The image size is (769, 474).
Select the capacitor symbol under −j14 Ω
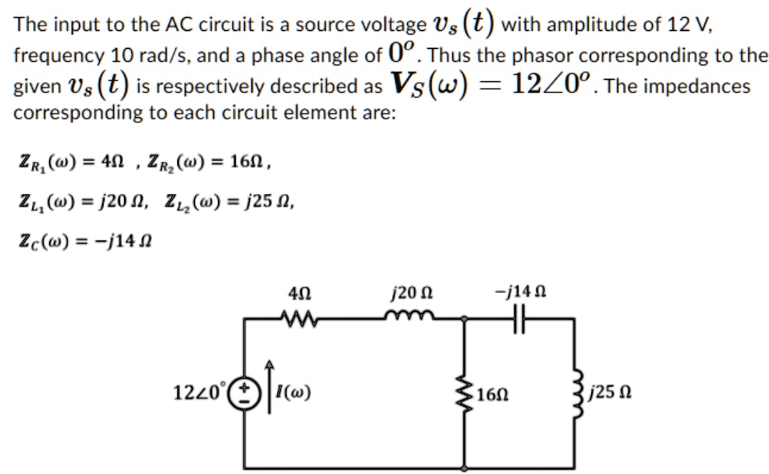click(x=519, y=319)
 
